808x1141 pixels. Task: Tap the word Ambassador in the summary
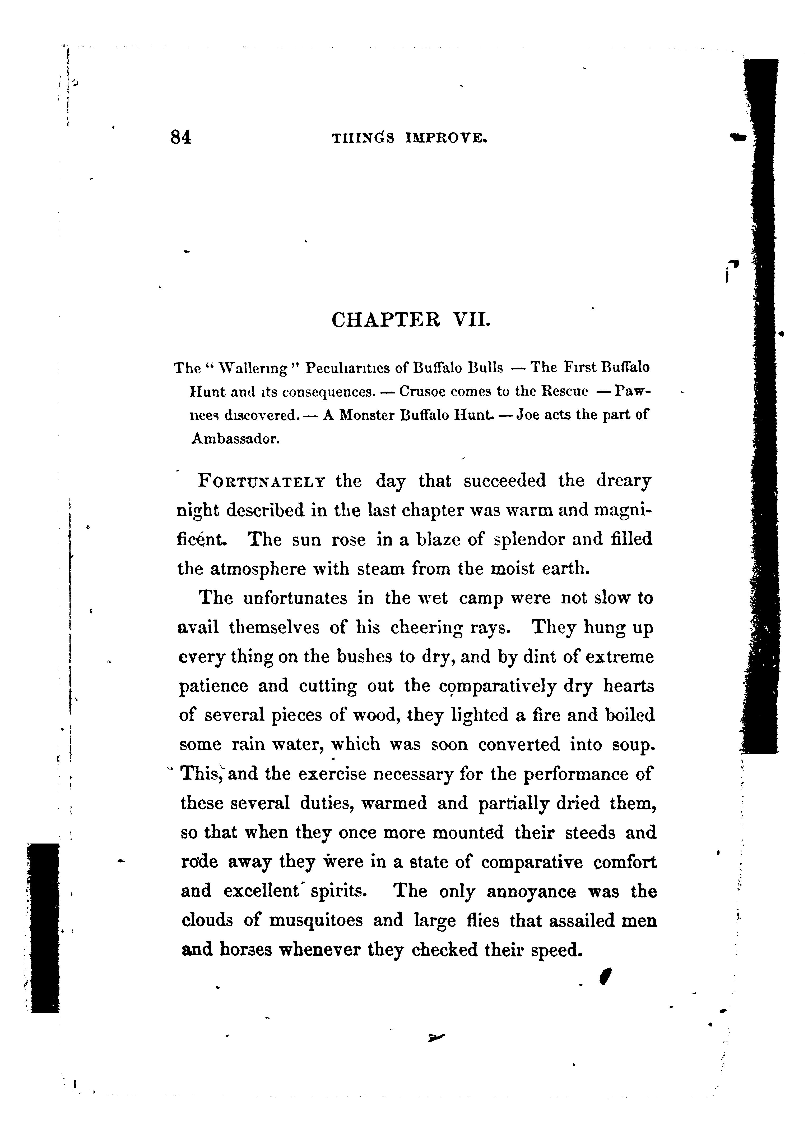pyautogui.click(x=236, y=439)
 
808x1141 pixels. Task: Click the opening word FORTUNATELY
pyautogui.click(x=262, y=482)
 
